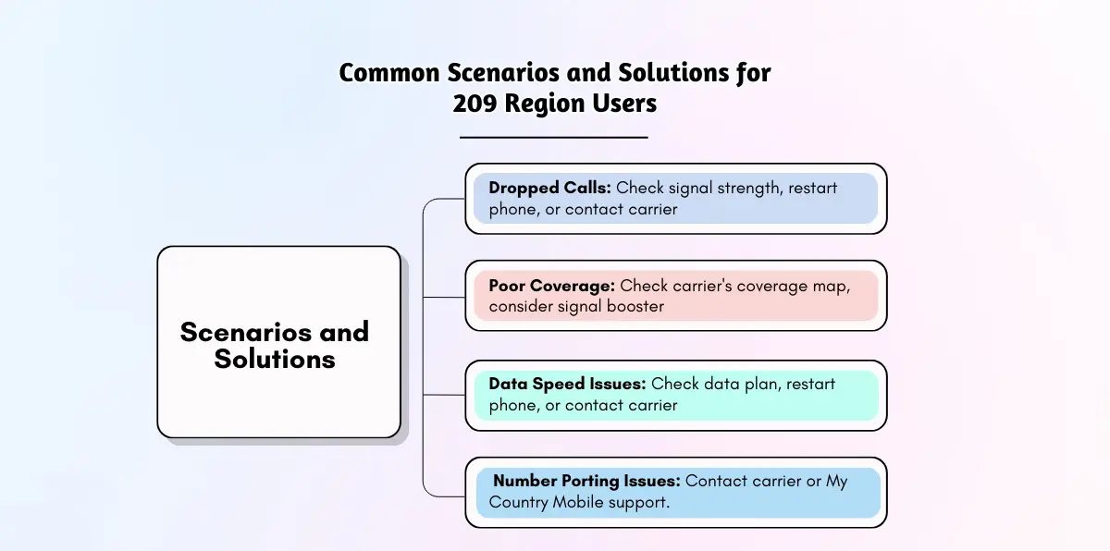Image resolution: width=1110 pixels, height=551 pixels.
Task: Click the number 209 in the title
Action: tap(475, 104)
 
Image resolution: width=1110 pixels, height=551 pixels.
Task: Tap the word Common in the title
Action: tap(389, 73)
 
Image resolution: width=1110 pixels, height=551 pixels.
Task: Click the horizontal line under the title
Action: tap(553, 137)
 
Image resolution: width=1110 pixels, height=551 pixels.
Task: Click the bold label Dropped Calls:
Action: tap(550, 188)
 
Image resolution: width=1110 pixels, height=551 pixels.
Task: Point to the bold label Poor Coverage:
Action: tap(552, 286)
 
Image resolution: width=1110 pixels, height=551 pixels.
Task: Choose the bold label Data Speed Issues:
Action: tap(567, 384)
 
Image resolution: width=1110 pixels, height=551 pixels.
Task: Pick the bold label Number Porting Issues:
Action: tap(586, 481)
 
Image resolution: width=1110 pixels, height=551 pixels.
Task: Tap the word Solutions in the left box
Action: tap(275, 359)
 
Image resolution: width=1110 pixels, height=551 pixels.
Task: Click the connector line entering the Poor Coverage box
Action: tap(444, 297)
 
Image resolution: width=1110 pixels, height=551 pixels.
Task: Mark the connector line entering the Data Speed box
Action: tap(444, 395)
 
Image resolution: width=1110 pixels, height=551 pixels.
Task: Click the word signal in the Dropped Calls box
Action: tap(690, 189)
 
